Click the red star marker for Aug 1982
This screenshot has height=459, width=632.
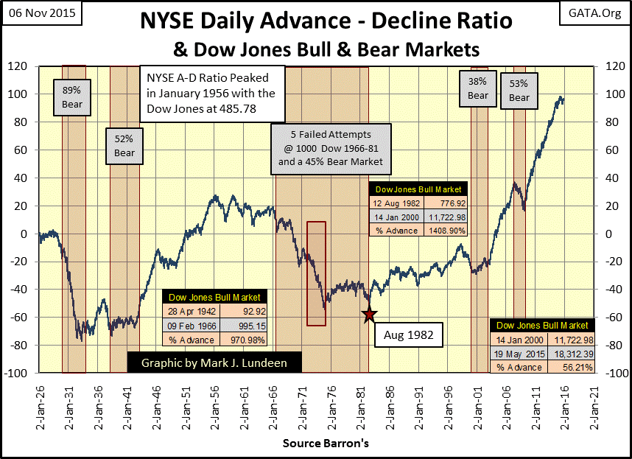pyautogui.click(x=370, y=315)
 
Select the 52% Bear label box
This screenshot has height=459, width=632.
pyautogui.click(x=124, y=145)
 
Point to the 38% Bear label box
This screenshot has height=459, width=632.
pyautogui.click(x=478, y=89)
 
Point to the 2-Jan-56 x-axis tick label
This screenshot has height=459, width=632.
pyautogui.click(x=214, y=402)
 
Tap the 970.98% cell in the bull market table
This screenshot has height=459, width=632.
pyautogui.click(x=242, y=340)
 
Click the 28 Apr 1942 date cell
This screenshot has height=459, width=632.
pyautogui.click(x=187, y=312)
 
